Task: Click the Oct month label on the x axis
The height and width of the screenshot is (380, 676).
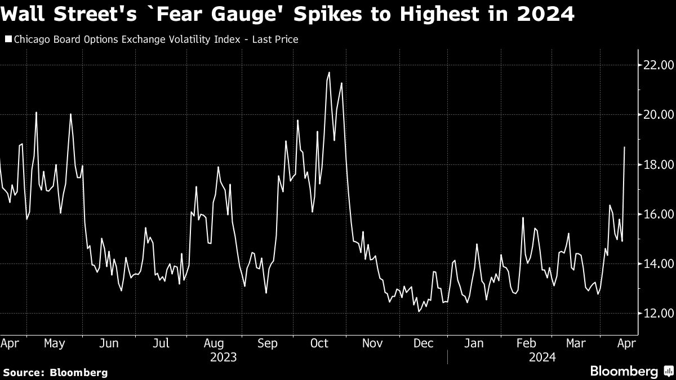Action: tap(320, 343)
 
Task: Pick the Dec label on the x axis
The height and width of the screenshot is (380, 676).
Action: tap(424, 343)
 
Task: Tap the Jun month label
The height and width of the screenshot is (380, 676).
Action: tap(108, 343)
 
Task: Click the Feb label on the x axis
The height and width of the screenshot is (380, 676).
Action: tap(526, 343)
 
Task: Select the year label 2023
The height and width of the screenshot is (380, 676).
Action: tap(223, 357)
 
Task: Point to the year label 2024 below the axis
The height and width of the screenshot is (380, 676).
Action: tap(542, 357)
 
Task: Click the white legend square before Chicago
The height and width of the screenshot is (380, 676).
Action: tap(7, 39)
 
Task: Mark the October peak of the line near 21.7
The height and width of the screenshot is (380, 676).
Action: tap(329, 72)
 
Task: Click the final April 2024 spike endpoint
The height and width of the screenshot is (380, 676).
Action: tap(625, 147)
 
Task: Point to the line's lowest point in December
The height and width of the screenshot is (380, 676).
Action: tap(419, 311)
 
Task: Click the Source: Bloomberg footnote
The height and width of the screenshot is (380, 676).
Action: tap(55, 372)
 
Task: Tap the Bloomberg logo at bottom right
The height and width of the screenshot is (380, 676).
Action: tap(630, 371)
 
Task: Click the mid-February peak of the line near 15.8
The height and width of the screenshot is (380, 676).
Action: tap(523, 218)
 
